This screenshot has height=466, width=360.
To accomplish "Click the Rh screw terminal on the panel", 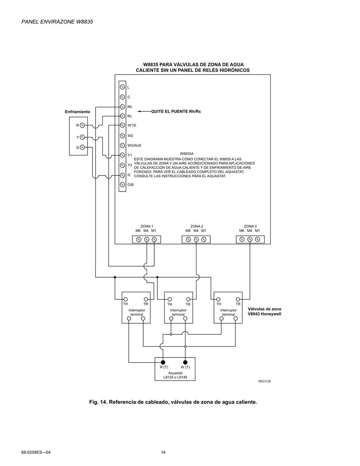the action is coord(122,107).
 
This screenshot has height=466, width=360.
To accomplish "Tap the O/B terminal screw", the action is coord(122,184).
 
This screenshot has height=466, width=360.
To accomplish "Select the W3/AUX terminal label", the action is coord(134,145).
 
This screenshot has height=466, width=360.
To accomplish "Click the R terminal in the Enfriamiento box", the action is coord(82,125).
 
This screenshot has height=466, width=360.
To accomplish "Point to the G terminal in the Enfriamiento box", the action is coord(82,147).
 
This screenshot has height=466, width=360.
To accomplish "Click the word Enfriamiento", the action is coord(77,112).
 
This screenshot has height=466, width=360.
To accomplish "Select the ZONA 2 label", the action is coord(197,226).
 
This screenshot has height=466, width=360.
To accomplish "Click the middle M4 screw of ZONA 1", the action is coord(147,240).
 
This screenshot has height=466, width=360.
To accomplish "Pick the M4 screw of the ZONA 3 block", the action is coord(250,240).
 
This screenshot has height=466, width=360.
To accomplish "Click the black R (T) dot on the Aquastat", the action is coord(163,362).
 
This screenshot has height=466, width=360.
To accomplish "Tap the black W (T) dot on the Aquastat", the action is coord(185,362).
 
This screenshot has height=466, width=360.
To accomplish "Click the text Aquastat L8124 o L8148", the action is coord(176,375).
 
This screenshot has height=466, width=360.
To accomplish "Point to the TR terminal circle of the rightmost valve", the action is coord(238,299).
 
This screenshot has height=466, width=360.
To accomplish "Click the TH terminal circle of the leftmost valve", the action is coord(126,299).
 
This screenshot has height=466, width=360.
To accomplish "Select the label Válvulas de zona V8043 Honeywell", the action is coord(265,311).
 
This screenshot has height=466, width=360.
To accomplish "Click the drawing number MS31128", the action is coord(265,381).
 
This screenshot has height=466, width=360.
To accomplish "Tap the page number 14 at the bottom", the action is coord(163,452).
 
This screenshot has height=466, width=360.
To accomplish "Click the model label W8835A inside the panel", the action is coord(187,154).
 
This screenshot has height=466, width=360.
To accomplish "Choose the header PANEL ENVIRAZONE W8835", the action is coord(57,22).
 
